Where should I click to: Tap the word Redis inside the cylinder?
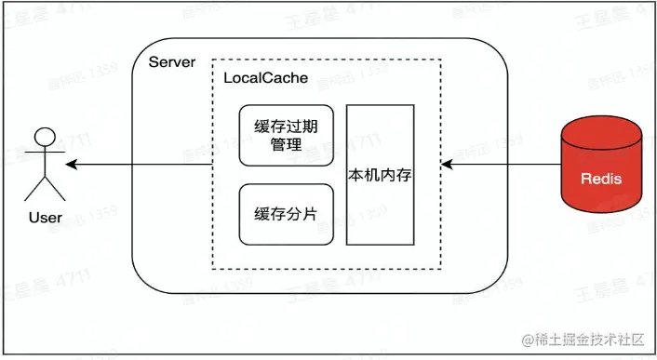601,179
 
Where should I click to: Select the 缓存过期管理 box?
286,136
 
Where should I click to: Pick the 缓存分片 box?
286,214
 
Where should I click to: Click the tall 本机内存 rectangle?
381,174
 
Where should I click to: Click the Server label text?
172,62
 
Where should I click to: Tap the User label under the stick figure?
45,218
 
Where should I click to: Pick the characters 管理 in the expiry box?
286,145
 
